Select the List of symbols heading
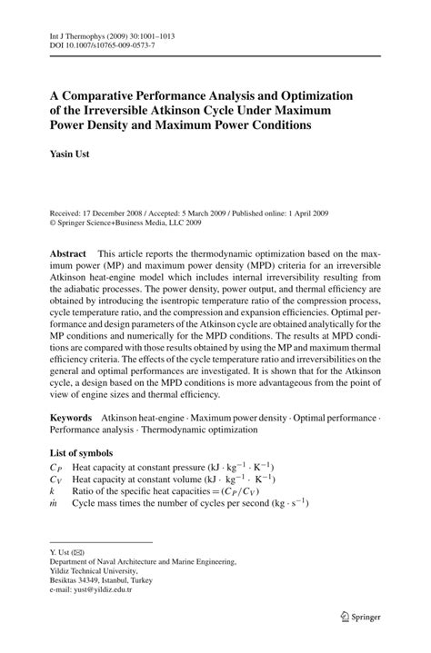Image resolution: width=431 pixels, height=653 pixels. [81, 452]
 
